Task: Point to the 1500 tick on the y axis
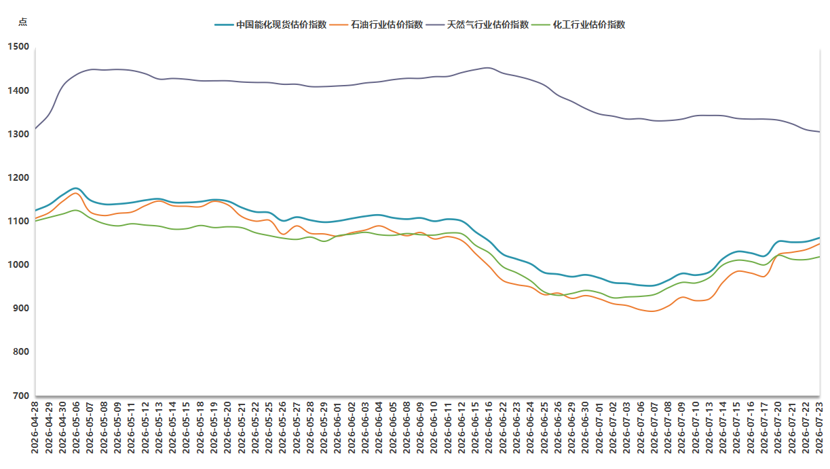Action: pyautogui.click(x=18, y=46)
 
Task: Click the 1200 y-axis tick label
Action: pyautogui.click(x=18, y=177)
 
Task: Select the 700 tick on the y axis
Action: pyautogui.click(x=21, y=396)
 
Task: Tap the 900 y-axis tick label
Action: pyautogui.click(x=21, y=308)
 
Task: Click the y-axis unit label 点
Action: pyautogui.click(x=22, y=22)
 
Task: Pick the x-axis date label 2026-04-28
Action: pyautogui.click(x=35, y=427)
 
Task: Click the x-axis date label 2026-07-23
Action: pyautogui.click(x=819, y=427)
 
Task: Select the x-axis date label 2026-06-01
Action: pyautogui.click(x=337, y=427)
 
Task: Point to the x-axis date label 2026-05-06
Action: pyautogui.click(x=76, y=427)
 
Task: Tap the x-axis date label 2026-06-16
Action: pyautogui.click(x=489, y=427)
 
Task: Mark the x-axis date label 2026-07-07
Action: pyautogui.click(x=654, y=427)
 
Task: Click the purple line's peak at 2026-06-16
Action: pyautogui.click(x=488, y=68)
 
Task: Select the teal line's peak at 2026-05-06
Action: pyautogui.click(x=76, y=188)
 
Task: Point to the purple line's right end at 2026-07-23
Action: pyautogui.click(x=819, y=132)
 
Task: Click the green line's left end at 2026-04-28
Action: pyautogui.click(x=35, y=221)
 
